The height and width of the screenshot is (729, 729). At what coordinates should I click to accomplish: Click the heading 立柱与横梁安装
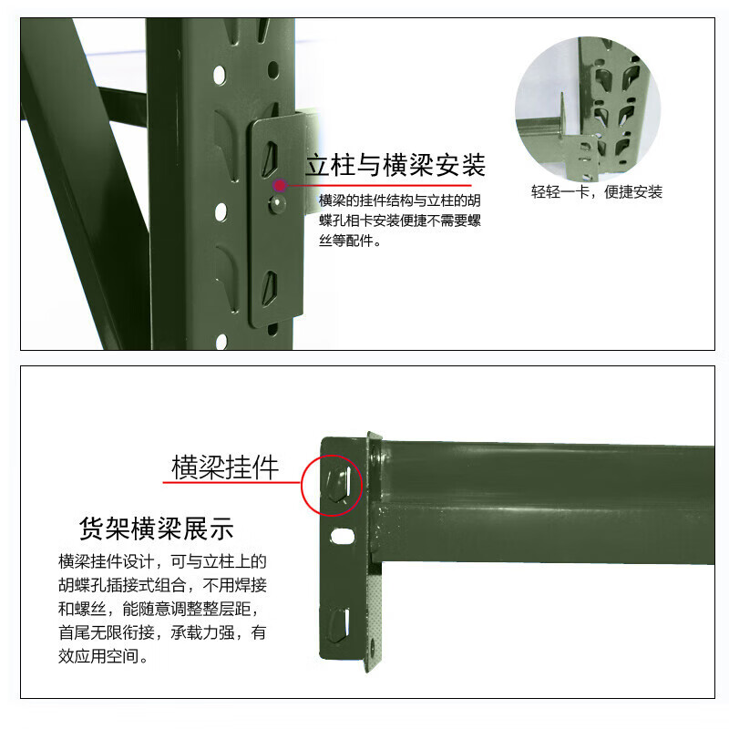pyautogui.click(x=395, y=165)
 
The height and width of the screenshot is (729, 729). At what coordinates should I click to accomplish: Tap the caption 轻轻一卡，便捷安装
pyautogui.click(x=597, y=191)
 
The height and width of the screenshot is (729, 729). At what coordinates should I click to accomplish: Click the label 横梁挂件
pyautogui.click(x=225, y=467)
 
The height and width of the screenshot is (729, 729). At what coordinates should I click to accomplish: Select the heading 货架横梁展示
pyautogui.click(x=156, y=529)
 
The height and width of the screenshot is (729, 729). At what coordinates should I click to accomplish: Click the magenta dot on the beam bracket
pyautogui.click(x=280, y=186)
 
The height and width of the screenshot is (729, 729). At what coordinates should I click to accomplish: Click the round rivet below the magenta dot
pyautogui.click(x=278, y=203)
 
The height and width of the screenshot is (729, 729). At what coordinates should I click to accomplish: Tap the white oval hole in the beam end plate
pyautogui.click(x=343, y=537)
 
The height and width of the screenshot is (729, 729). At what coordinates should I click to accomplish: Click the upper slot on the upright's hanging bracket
pyautogui.click(x=270, y=159)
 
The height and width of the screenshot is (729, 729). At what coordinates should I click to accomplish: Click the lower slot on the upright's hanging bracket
pyautogui.click(x=270, y=287)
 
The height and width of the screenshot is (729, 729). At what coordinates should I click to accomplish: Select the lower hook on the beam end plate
pyautogui.click(x=339, y=624)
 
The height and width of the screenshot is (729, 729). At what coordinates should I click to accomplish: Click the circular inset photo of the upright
pyautogui.click(x=588, y=108)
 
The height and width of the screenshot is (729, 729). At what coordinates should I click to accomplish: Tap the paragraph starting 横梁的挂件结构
pyautogui.click(x=400, y=221)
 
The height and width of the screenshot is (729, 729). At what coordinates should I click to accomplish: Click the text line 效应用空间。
pyautogui.click(x=103, y=656)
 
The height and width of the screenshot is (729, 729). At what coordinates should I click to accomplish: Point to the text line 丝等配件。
pyautogui.click(x=350, y=241)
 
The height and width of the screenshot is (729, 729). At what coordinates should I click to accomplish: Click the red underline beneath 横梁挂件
pyautogui.click(x=232, y=483)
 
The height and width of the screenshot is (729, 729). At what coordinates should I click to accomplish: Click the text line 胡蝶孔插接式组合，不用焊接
pyautogui.click(x=162, y=585)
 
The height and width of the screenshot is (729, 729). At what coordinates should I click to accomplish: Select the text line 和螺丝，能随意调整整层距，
pyautogui.click(x=158, y=609)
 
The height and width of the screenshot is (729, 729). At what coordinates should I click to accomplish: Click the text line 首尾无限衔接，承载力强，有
pyautogui.click(x=162, y=632)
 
